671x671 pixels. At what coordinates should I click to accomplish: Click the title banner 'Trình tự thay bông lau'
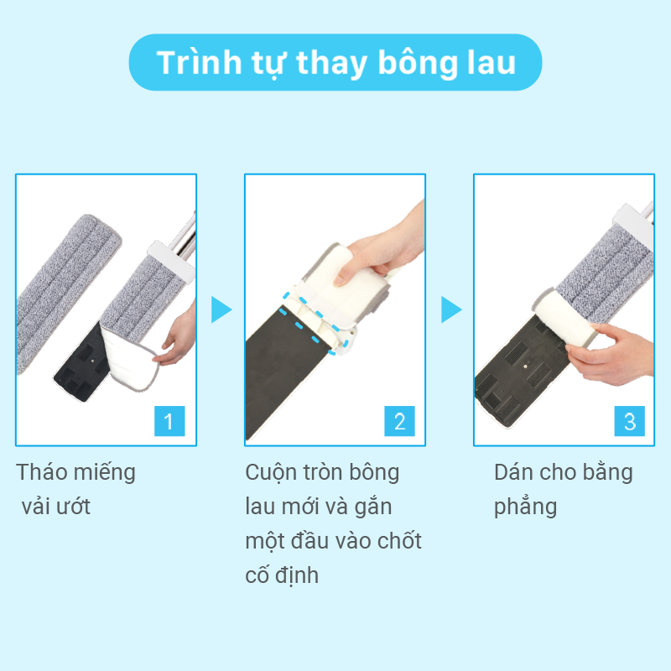[335, 62]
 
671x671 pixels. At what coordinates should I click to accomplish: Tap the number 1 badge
[169, 421]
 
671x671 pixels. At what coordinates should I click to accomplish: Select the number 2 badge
[400, 421]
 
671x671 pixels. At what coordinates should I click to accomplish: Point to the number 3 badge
[630, 421]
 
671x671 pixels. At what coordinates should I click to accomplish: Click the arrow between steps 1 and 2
[221, 309]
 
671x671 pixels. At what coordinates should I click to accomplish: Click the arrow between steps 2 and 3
[451, 309]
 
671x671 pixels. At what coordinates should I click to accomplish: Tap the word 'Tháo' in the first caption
[41, 472]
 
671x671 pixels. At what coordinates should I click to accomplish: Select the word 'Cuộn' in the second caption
[271, 473]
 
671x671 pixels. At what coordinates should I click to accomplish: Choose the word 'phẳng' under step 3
[526, 507]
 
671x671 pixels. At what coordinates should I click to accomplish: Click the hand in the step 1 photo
[178, 336]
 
